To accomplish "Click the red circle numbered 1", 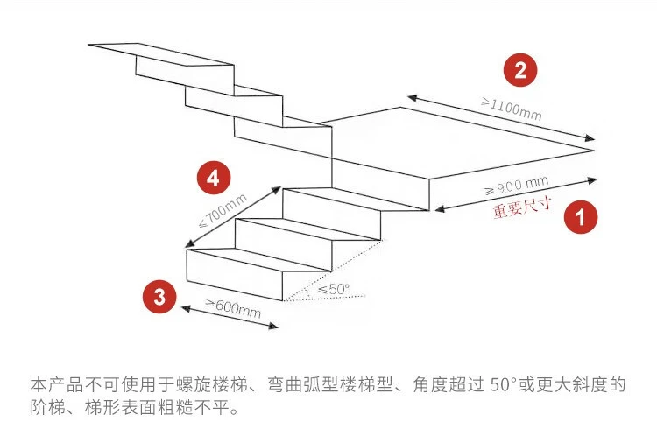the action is point(579,216).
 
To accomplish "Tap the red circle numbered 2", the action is point(520,70).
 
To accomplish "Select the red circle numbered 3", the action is point(159,296).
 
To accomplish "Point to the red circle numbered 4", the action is point(213,179).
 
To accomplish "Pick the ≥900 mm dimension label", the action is point(516,187).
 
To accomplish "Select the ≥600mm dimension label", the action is point(233,306).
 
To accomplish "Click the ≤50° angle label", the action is point(333,288).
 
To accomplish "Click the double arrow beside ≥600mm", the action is point(228,318).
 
